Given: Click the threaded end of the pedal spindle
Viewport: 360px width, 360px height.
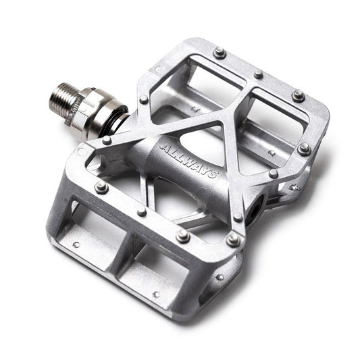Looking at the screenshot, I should (x=61, y=99).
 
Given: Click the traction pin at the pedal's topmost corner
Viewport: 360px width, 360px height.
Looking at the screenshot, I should (x=219, y=53).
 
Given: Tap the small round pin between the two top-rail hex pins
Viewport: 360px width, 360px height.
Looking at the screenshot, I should (x=258, y=74).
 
